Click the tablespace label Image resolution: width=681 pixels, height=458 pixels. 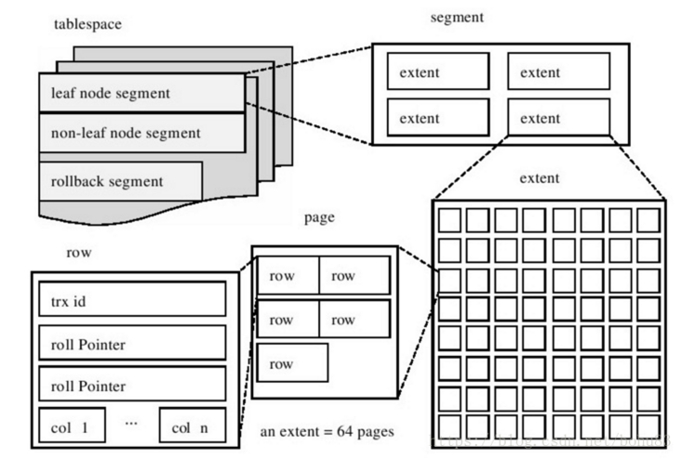coord(87,23)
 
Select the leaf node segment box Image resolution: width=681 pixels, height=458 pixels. coord(140,94)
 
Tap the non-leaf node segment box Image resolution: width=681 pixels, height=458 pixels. coord(140,133)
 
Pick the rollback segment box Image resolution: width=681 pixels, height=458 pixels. coord(120,180)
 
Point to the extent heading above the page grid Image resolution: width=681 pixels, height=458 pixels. coord(539,177)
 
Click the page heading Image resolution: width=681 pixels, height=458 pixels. coord(319,218)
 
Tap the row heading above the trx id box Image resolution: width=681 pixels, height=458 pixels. coord(79,252)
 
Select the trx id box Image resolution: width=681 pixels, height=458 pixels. coord(132,300)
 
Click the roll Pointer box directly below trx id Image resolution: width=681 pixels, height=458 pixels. coord(132,344)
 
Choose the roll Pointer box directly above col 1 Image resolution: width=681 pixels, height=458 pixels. coord(132,384)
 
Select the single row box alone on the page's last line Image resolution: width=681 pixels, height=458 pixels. coord(292,363)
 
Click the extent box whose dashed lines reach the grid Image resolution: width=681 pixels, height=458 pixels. coord(558,118)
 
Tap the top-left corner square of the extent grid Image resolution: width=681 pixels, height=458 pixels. coord(450,220)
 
